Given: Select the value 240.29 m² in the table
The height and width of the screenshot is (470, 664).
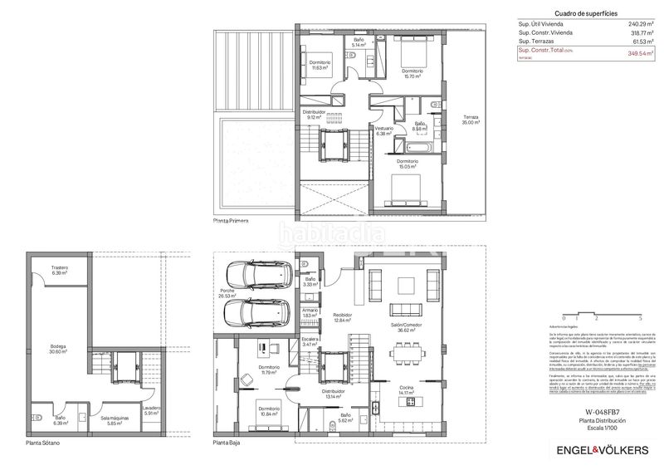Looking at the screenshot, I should tap(640, 24).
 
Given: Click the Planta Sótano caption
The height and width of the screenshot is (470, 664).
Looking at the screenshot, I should tap(41, 443).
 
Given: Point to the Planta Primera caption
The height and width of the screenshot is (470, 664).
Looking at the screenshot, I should tap(231, 222).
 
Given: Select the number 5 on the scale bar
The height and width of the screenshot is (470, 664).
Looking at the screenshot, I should tap(640, 318).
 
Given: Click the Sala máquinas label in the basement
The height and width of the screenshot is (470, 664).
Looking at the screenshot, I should tap(105, 420).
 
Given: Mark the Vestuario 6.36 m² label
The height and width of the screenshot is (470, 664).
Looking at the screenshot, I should tap(383, 130).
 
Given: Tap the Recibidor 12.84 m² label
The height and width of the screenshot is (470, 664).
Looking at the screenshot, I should tap(343, 317).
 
